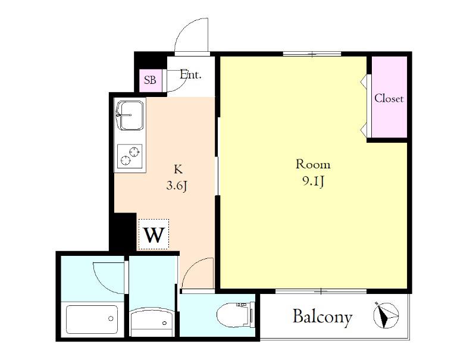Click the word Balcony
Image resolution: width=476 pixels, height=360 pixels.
pyautogui.click(x=322, y=317)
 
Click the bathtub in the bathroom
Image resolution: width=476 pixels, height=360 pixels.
pyautogui.click(x=92, y=320)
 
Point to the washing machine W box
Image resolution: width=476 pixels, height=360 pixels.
pyautogui.click(x=154, y=234)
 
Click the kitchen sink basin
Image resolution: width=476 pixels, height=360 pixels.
pyautogui.click(x=130, y=115)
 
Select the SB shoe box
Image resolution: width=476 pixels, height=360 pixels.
pyautogui.click(x=151, y=80)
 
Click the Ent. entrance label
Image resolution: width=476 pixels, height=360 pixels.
pyautogui.click(x=190, y=74)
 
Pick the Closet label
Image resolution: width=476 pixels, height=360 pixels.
pyautogui.click(x=389, y=98)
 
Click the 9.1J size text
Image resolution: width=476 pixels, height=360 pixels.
pyautogui.click(x=313, y=181)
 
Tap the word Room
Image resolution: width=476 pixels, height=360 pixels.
pyautogui.click(x=313, y=164)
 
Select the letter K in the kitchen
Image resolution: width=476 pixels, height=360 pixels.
pyautogui.click(x=178, y=169)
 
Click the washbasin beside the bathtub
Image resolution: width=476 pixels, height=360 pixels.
pyautogui.click(x=152, y=322)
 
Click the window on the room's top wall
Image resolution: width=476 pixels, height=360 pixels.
pyautogui.click(x=312, y=54)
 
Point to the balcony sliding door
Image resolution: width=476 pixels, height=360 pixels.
pyautogui.click(x=321, y=292)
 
